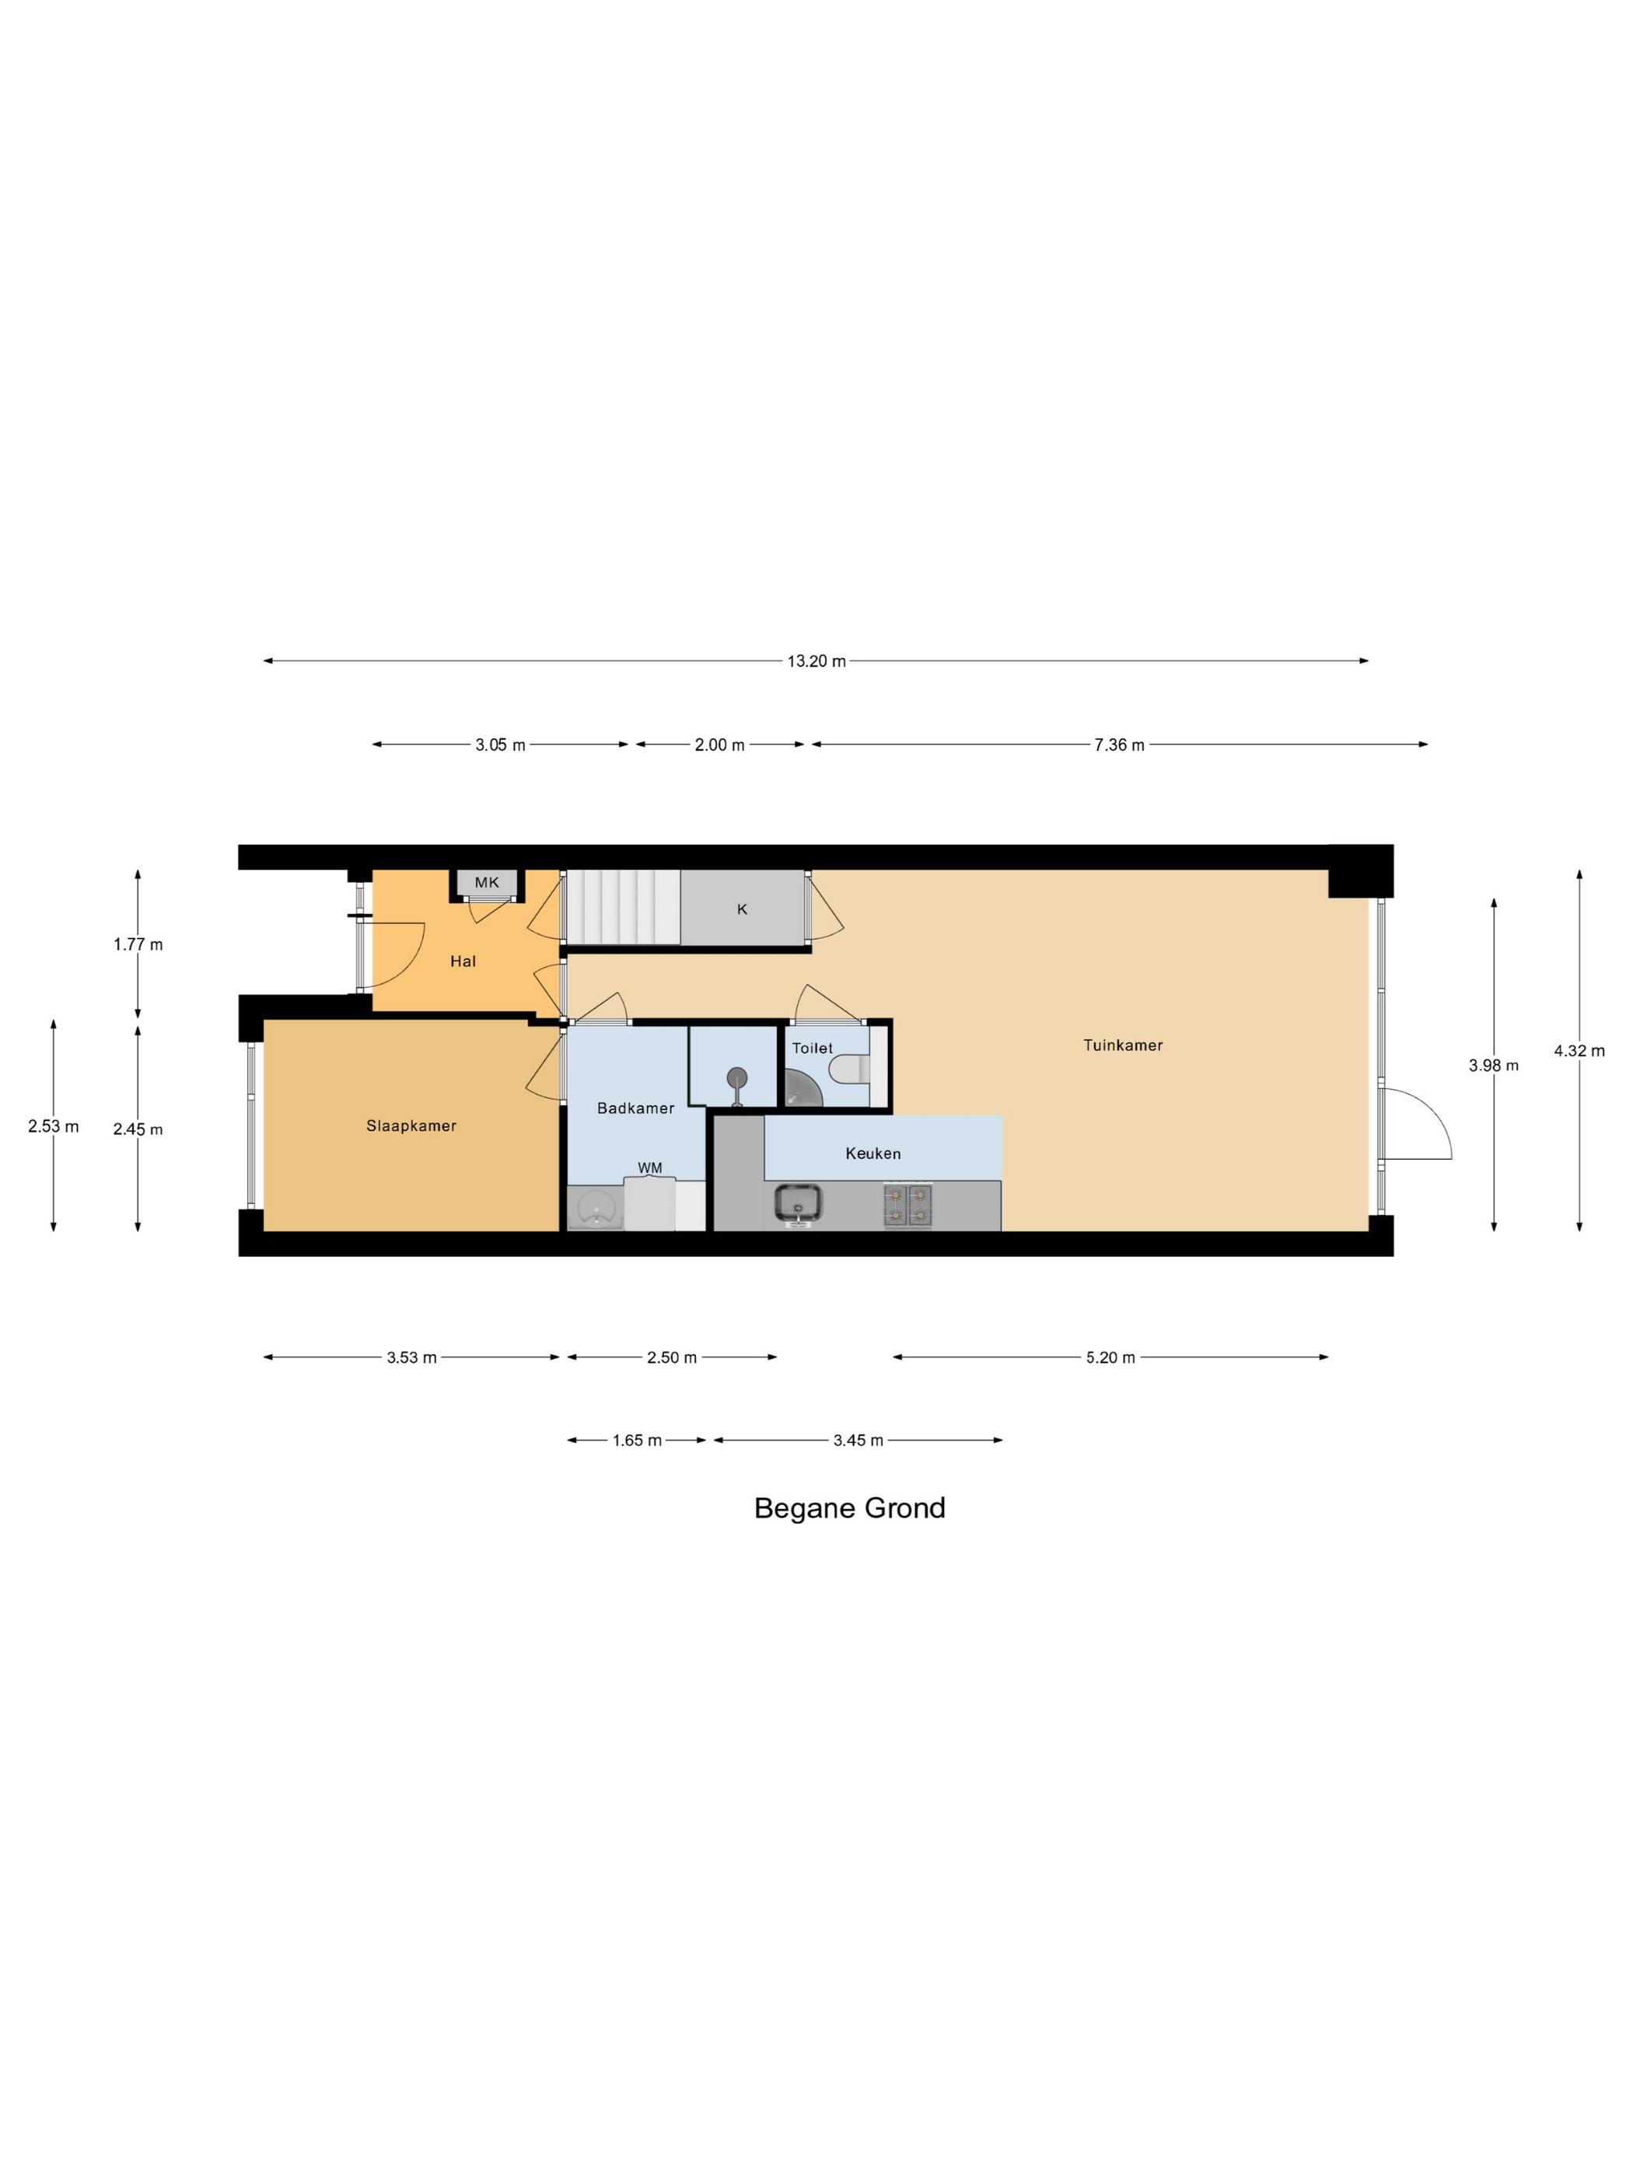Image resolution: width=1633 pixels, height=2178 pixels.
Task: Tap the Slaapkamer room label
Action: pos(411,1126)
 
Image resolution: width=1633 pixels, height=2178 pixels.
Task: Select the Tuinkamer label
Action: pos(1123,1045)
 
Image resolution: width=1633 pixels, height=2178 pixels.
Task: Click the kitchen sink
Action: pos(799,1203)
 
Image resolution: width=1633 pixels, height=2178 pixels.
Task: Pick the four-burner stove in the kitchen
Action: pos(907,1205)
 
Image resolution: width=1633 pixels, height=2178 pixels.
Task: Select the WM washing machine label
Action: pos(649,1168)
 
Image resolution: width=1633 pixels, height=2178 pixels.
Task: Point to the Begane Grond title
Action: pos(849,1508)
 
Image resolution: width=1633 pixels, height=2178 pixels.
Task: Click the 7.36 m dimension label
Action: pos(1119,745)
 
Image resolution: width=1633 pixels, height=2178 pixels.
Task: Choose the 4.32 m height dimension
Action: pos(1579,1051)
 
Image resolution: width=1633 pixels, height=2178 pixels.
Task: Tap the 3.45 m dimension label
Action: pos(858,1441)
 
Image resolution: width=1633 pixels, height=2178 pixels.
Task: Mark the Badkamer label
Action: pos(636,1108)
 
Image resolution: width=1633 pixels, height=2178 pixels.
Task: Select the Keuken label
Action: pos(873,1153)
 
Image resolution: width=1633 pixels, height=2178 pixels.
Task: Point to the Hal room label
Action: pos(463,961)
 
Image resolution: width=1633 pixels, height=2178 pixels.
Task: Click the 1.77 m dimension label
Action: pos(138,944)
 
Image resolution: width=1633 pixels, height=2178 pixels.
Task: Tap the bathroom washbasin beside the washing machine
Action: pos(596,1207)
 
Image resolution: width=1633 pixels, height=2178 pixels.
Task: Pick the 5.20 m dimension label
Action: pos(1110,1358)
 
